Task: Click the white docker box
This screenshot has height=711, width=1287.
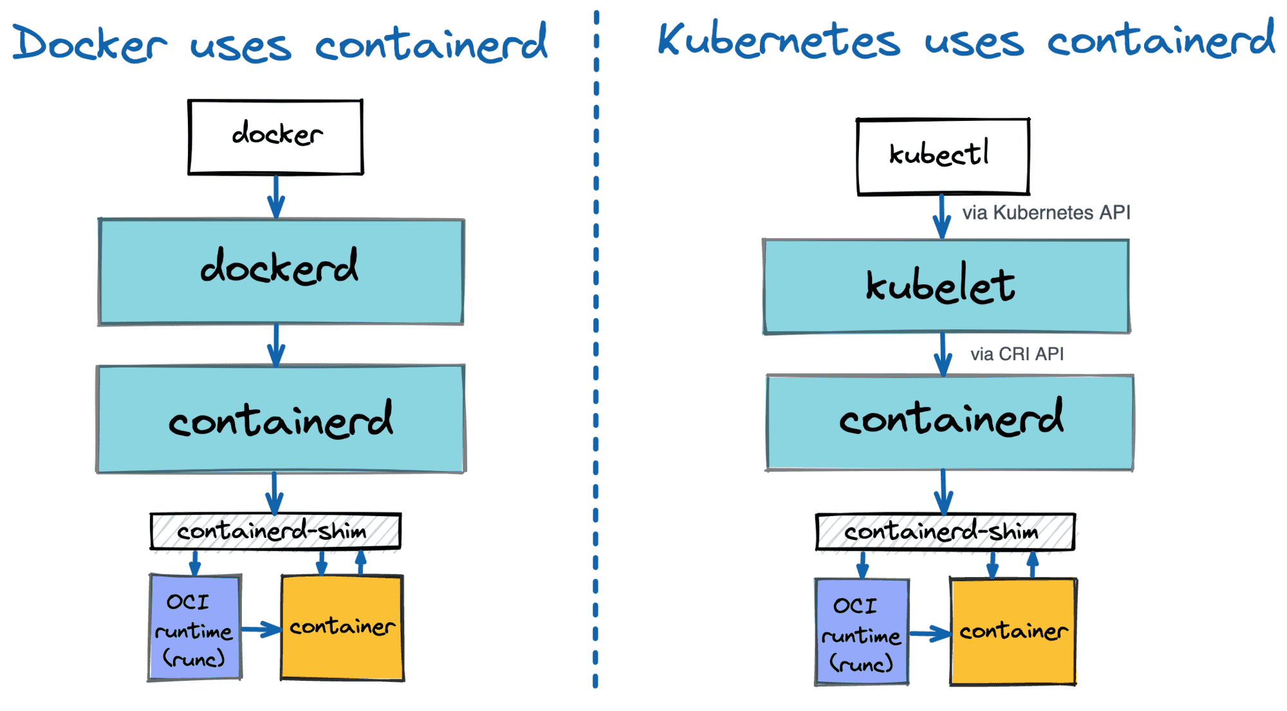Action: [275, 136]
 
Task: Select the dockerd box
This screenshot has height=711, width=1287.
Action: [281, 272]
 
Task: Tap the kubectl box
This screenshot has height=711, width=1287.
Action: [943, 156]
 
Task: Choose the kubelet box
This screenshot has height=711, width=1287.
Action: [946, 286]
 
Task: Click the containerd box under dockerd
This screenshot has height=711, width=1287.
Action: [281, 420]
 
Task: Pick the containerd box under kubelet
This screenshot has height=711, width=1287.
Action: [950, 422]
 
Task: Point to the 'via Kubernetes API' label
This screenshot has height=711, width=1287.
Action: [1046, 213]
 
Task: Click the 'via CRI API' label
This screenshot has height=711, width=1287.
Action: [1017, 355]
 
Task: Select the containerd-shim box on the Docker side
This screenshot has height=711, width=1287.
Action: [275, 531]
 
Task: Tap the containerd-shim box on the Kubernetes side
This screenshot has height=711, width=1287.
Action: [945, 532]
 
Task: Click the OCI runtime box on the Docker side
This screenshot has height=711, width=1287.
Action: [195, 628]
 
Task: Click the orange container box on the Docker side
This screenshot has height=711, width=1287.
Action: [342, 628]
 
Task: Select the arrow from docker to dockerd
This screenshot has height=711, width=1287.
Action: [276, 196]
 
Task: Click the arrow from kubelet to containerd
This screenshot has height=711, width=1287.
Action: [943, 354]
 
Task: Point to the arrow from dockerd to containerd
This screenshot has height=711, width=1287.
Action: [276, 346]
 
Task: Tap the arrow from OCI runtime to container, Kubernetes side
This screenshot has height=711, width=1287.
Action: [929, 634]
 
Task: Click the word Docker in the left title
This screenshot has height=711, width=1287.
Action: [90, 44]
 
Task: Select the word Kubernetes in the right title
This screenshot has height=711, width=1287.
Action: [779, 40]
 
